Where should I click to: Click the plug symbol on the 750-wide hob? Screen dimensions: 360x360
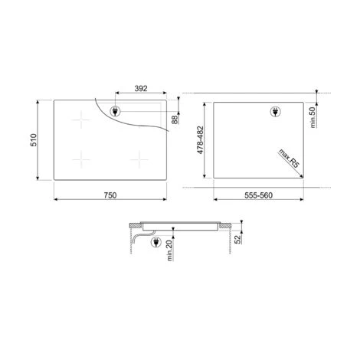pos(116,111)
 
